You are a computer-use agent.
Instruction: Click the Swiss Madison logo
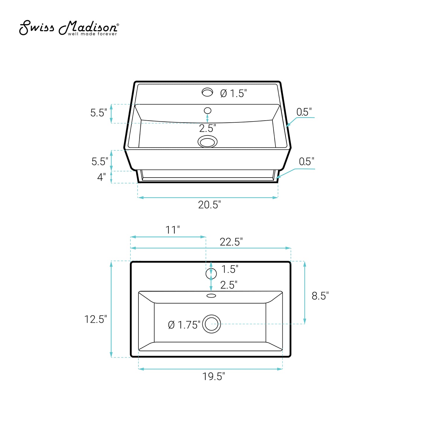click(69, 28)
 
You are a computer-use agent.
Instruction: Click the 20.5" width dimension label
click(209, 205)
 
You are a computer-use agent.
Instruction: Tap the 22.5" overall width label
click(231, 242)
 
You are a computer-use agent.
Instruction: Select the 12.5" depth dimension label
click(95, 319)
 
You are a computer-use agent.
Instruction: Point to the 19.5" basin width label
click(213, 376)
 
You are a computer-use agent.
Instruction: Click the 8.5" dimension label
click(320, 296)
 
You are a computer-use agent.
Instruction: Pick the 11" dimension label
click(173, 230)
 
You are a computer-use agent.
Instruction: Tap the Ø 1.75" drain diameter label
click(184, 325)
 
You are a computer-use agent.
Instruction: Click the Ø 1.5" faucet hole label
click(233, 93)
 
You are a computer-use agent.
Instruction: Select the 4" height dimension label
click(101, 177)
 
